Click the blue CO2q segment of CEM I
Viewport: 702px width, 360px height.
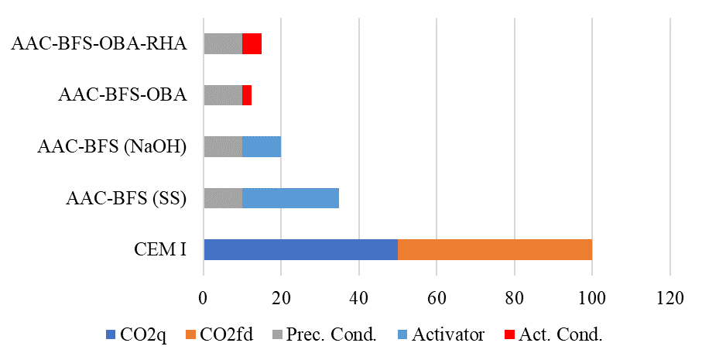coord(300,249)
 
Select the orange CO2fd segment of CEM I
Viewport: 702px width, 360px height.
coord(495,249)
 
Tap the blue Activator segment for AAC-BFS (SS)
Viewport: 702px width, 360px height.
coord(290,197)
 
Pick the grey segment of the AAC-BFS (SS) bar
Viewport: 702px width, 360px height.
coord(223,197)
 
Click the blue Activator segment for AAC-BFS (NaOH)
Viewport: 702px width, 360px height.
coord(262,146)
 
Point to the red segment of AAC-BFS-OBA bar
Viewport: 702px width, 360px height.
coord(247,95)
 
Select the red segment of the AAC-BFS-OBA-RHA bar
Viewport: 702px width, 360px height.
coord(252,43)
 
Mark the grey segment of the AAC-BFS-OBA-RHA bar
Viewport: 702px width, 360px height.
coord(223,43)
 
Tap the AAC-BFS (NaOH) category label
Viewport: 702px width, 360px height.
coord(112,146)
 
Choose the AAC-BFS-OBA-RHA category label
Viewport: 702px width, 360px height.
coord(99,43)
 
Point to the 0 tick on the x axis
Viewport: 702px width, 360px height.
coord(204,297)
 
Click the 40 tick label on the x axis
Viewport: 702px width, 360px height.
coord(358,297)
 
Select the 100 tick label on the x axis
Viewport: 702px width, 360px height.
coord(591,297)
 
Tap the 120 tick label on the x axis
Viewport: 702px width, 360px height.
coord(669,297)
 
